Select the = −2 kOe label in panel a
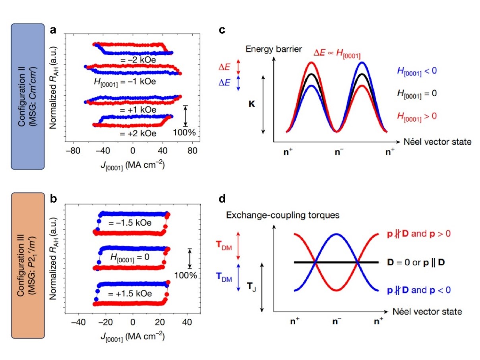pyautogui.click(x=139, y=60)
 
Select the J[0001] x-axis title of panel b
pyautogui.click(x=133, y=336)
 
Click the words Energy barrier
pyautogui.click(x=268, y=49)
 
